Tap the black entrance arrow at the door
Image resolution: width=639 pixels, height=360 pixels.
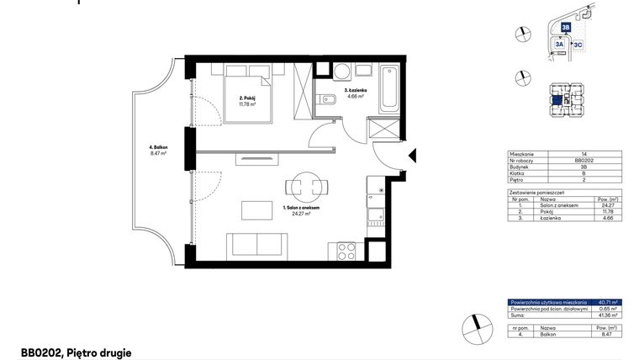click(x=413, y=156)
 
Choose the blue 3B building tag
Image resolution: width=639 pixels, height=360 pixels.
click(x=567, y=27)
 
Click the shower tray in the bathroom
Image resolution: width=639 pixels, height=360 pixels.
click(x=385, y=130)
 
